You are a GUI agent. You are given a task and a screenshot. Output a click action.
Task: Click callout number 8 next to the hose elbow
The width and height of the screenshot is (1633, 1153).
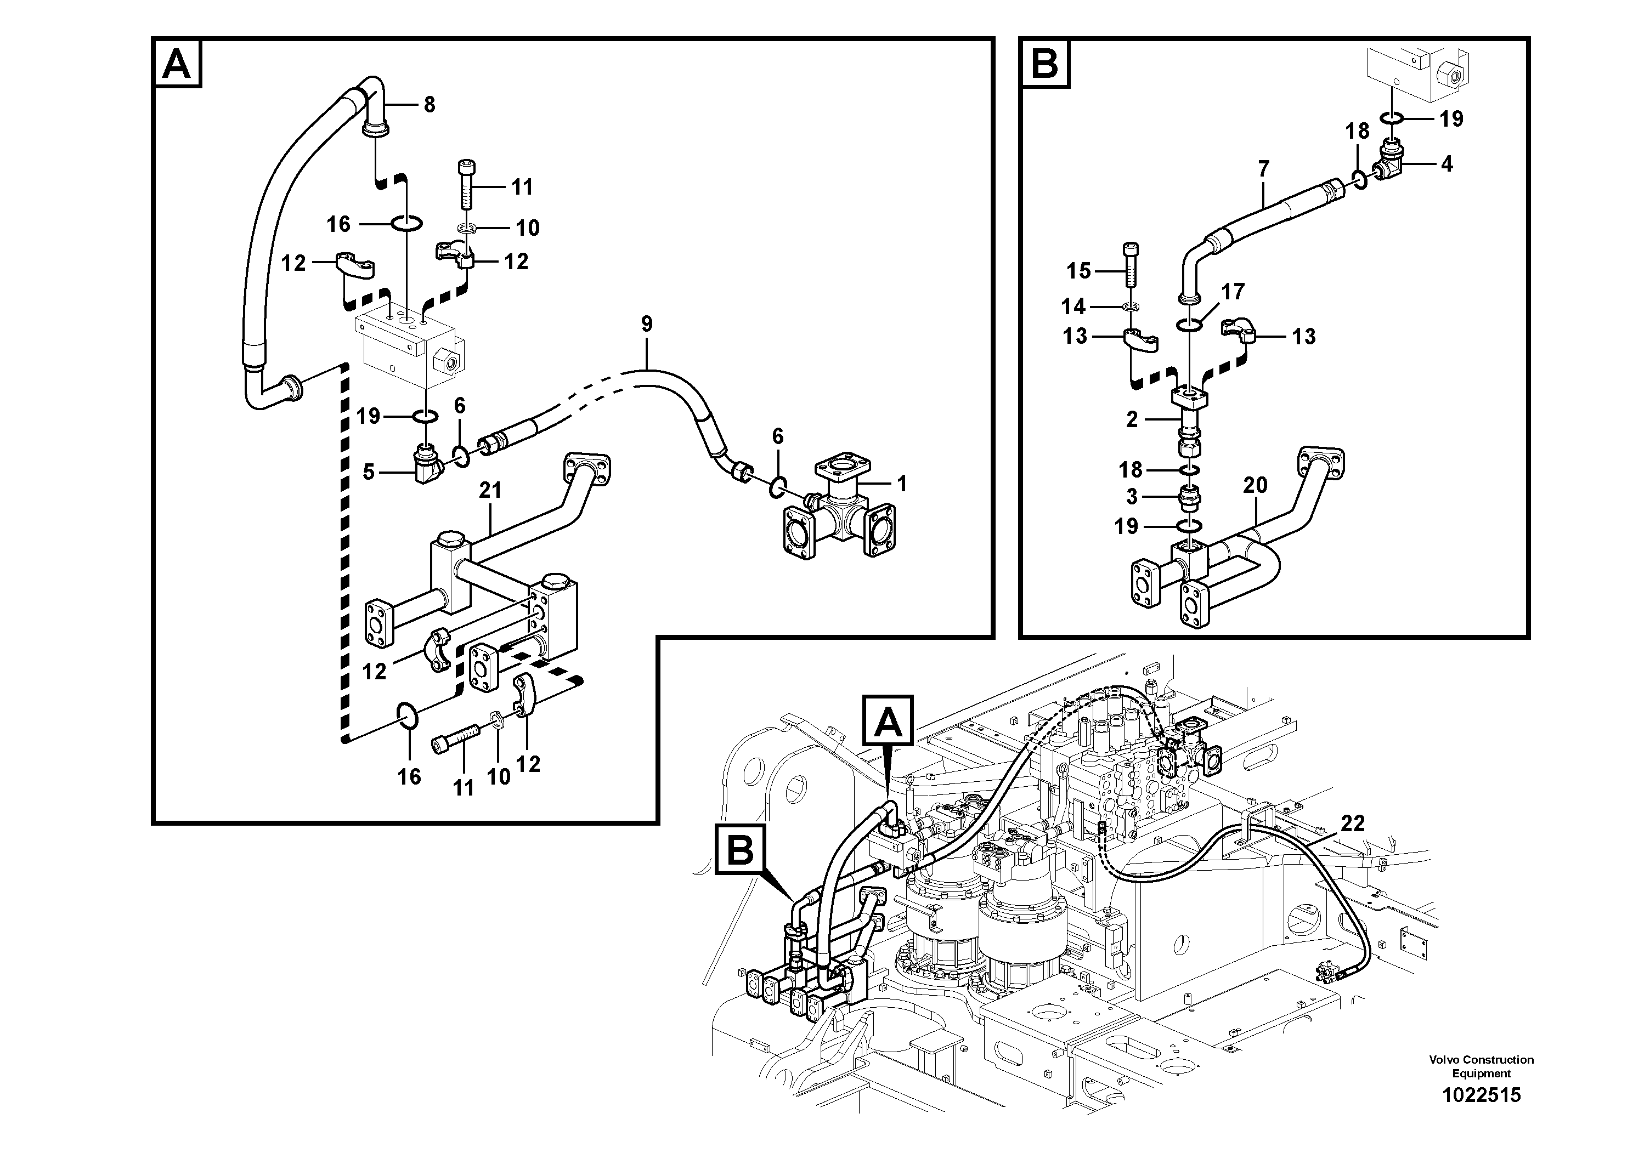429,105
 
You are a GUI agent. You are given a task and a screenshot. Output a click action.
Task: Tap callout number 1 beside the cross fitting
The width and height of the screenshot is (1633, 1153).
902,484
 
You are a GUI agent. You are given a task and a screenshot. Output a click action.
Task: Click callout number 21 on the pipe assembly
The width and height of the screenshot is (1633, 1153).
490,491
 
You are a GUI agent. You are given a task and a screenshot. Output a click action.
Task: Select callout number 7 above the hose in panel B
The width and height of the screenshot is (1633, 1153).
1263,169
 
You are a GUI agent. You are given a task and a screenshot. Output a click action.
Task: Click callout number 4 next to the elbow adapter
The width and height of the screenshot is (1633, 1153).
1446,164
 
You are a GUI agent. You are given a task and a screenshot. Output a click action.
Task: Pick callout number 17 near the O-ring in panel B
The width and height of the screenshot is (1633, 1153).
1233,292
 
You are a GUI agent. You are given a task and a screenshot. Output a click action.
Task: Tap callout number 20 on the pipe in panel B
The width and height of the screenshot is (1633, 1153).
1256,486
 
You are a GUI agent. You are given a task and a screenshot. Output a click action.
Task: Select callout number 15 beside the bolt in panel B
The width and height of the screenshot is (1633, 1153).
1078,271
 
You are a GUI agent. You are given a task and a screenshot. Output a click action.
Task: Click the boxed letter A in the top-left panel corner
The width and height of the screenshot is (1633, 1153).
177,64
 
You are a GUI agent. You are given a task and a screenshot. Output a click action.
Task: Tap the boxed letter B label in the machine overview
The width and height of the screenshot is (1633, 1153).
741,850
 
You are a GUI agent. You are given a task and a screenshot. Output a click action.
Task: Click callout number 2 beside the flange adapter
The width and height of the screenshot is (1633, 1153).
1132,419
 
